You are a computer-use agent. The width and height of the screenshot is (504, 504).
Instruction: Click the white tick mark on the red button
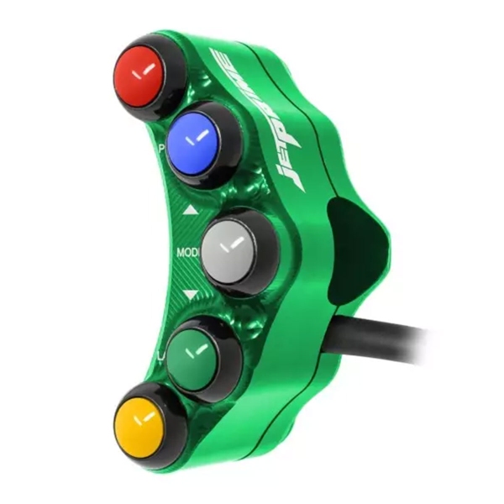click(x=148, y=71)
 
